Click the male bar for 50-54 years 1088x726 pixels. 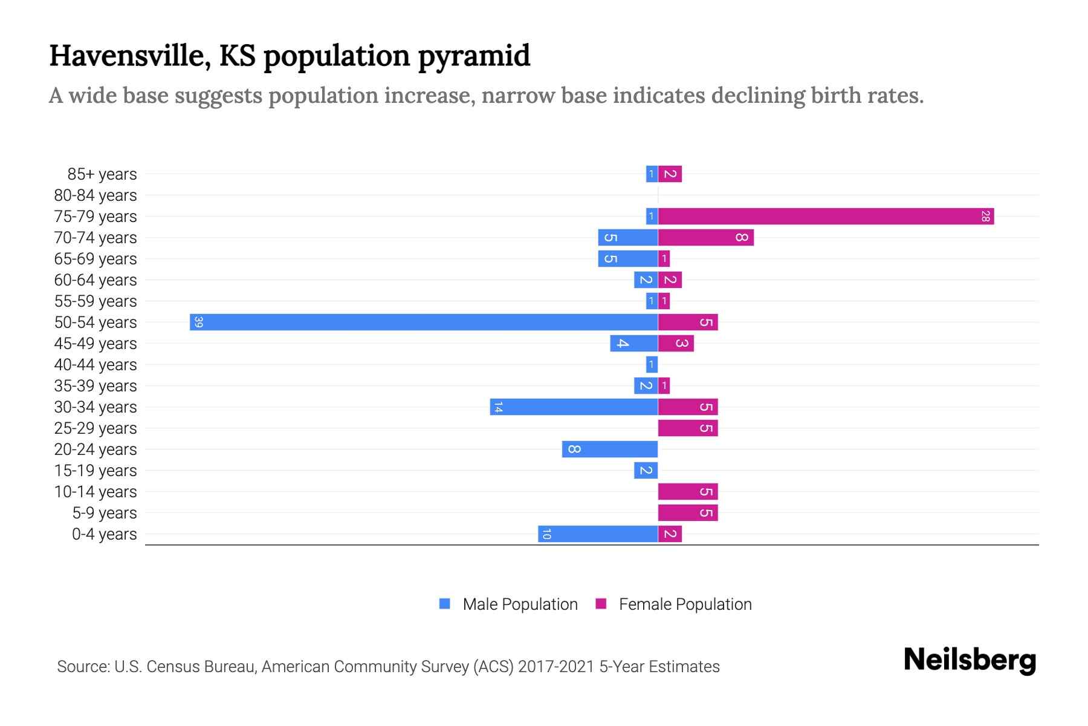pos(423,322)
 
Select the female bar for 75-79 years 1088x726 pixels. pos(826,216)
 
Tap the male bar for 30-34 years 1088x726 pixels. pos(574,407)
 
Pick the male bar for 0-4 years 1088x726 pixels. pos(598,534)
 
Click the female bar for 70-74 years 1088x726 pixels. pos(705,237)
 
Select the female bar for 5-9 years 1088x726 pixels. pos(688,512)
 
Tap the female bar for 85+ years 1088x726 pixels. pos(670,174)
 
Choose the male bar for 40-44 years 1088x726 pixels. pos(652,364)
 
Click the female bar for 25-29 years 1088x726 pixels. pos(688,428)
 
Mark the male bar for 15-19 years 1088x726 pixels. pos(646,470)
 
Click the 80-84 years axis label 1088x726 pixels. pos(96,195)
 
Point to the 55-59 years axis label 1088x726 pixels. pos(96,301)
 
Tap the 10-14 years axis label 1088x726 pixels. pos(96,492)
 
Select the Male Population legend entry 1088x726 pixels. pos(520,604)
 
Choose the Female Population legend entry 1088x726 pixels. pos(685,604)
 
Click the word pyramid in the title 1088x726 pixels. pos(473,56)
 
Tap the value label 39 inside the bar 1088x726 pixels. pos(198,322)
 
